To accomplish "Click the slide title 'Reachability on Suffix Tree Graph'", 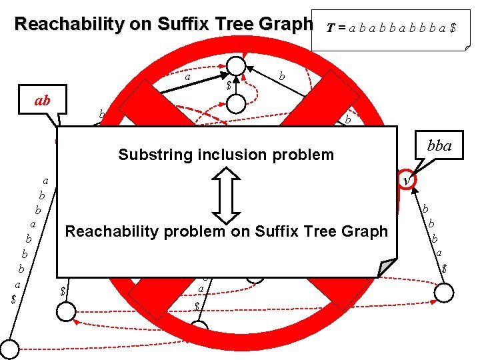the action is click(163, 25).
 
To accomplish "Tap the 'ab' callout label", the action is click(43, 102).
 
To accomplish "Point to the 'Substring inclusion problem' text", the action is click(225, 155).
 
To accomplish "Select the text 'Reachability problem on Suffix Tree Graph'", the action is click(226, 231).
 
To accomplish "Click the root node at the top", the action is click(237, 65).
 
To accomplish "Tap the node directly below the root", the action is click(237, 104).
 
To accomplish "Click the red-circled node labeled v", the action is click(407, 179).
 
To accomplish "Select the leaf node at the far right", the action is click(445, 291).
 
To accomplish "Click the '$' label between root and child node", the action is click(229, 86).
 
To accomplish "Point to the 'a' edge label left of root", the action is click(188, 77).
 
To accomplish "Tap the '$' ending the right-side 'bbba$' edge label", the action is click(444, 268).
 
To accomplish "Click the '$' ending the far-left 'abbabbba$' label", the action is click(14, 299).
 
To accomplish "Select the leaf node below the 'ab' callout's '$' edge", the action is click(66, 311).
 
